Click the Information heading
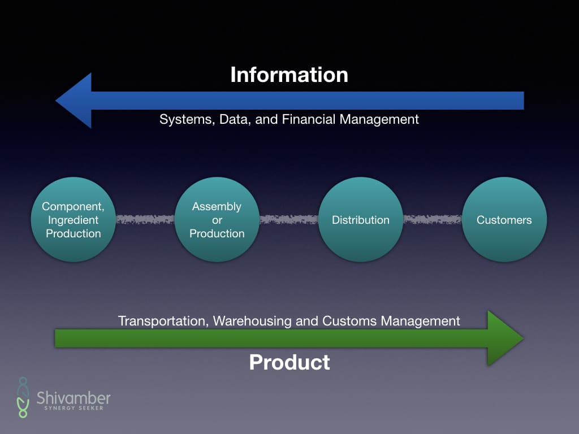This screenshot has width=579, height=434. click(x=289, y=75)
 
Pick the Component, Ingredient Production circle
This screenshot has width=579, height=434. click(x=73, y=220)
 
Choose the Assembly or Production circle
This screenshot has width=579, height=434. click(x=217, y=220)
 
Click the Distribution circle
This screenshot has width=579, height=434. click(x=361, y=220)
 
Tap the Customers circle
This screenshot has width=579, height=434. click(x=504, y=220)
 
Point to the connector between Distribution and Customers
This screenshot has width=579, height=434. click(x=433, y=219)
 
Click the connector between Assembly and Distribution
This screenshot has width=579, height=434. click(x=288, y=219)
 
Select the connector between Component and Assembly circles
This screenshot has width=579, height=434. click(x=145, y=219)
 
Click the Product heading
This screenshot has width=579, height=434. click(x=289, y=362)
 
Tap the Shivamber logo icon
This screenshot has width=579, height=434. click(x=23, y=397)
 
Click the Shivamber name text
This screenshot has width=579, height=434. click(x=74, y=397)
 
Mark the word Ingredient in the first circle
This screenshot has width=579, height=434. click(x=73, y=220)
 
